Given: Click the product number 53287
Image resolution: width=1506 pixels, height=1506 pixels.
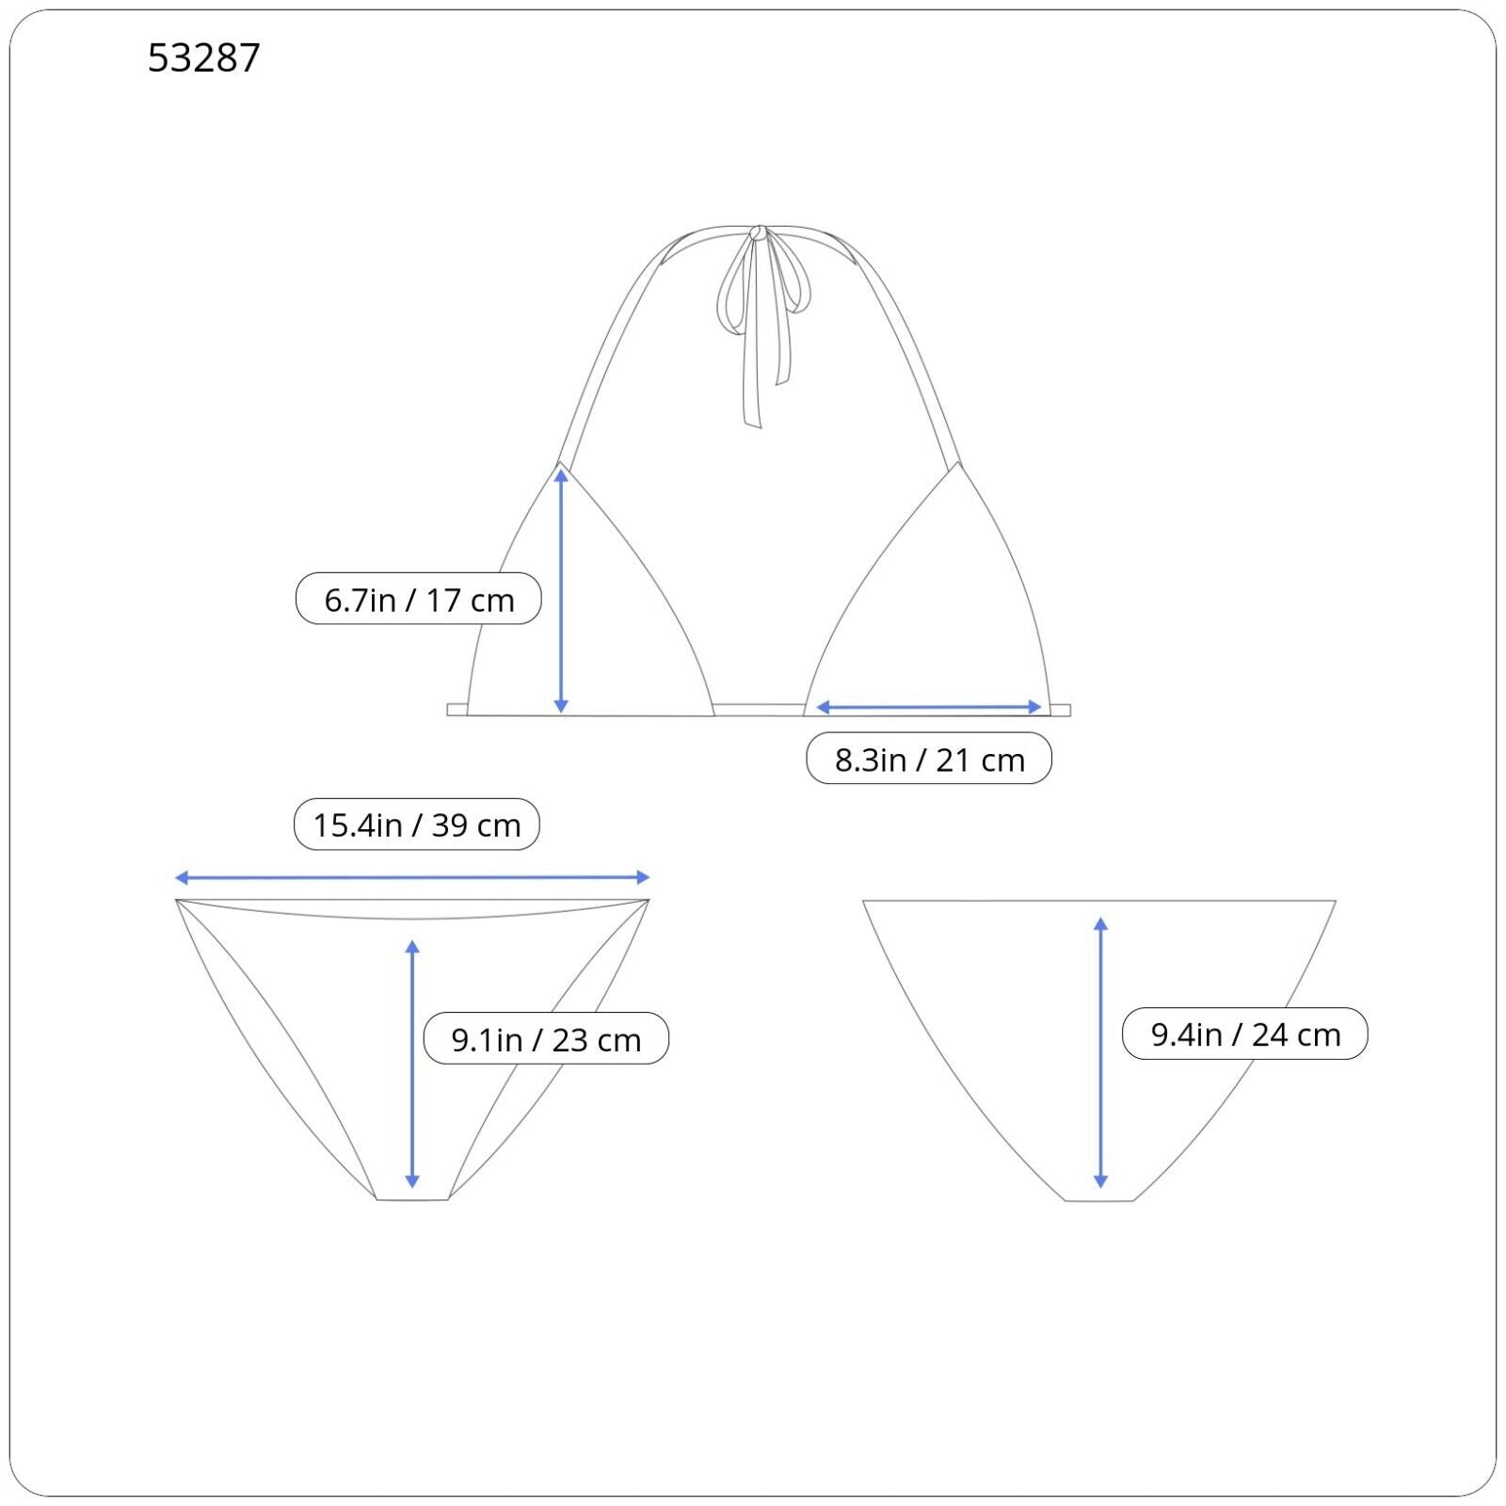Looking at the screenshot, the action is click(x=203, y=58).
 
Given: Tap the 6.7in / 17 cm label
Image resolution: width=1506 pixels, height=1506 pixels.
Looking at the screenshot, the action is click(x=419, y=599).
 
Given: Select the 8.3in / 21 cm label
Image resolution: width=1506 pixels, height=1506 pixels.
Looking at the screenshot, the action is click(x=929, y=759).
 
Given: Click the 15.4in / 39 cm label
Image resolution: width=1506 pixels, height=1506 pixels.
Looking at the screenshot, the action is click(x=417, y=825).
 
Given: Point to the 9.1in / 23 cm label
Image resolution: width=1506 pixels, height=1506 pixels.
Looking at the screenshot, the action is click(x=546, y=1038).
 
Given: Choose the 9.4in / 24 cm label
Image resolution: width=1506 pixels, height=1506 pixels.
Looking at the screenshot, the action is click(x=1245, y=1033).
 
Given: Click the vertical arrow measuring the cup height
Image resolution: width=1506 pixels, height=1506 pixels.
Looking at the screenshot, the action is click(x=561, y=591).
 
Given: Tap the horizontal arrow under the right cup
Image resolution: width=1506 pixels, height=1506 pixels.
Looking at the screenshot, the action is click(x=929, y=707).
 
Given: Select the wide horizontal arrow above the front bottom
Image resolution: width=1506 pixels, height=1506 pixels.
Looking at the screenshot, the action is click(x=412, y=878).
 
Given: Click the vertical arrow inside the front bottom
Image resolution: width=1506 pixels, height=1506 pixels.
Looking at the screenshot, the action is click(x=411, y=1064).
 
